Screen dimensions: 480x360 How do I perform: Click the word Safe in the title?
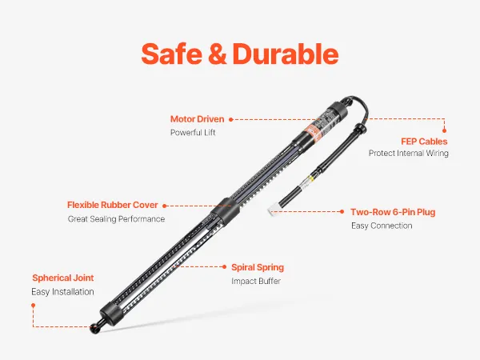(172, 54)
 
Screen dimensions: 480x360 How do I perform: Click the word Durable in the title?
(286, 54)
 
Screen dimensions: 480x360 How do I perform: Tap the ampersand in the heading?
(218, 54)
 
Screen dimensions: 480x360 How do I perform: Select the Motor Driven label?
(197, 119)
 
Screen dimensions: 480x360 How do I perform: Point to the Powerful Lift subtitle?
(193, 133)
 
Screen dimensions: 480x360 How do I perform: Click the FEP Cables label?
(424, 142)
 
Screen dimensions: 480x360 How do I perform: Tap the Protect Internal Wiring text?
(408, 153)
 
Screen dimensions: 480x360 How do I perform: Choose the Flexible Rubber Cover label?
(112, 205)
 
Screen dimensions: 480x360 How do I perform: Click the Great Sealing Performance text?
(116, 219)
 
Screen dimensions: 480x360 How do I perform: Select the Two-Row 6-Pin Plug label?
(393, 212)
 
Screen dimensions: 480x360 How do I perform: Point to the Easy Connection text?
(382, 226)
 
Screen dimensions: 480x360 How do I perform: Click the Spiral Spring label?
(258, 267)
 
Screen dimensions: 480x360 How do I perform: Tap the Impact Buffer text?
(256, 281)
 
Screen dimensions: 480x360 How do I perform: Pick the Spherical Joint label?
(62, 278)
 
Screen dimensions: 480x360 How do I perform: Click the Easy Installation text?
(62, 292)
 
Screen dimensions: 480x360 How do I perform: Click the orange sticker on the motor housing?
(313, 132)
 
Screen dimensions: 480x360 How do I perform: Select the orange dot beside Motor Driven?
(231, 119)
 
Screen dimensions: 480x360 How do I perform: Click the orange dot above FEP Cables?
(444, 130)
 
